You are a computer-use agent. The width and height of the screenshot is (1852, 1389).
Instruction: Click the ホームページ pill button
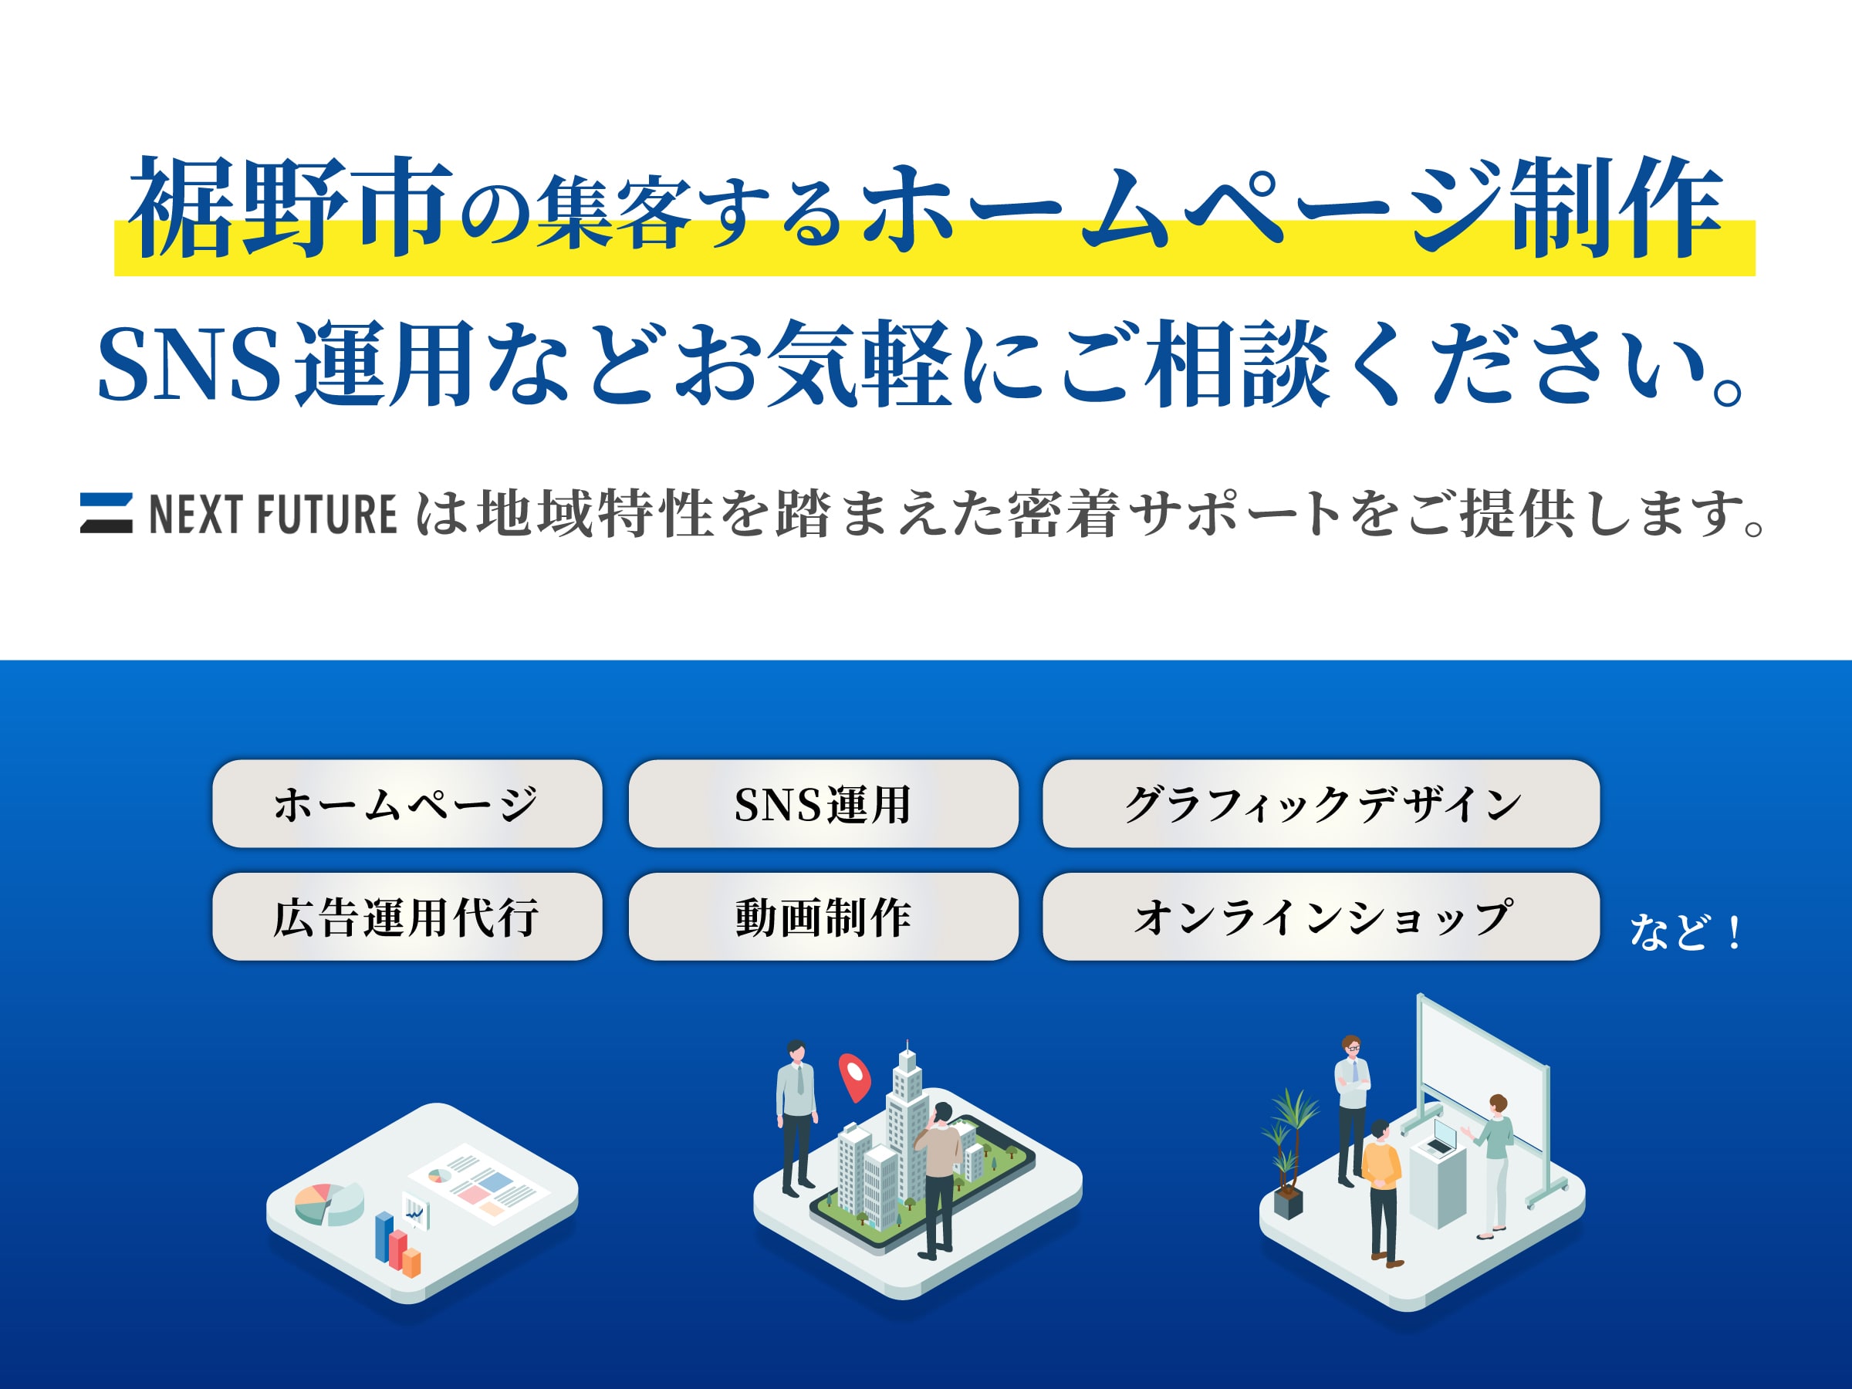tap(407, 804)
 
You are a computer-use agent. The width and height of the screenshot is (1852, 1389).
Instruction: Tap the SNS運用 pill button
tap(823, 804)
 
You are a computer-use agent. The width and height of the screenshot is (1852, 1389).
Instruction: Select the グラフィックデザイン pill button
tap(1320, 804)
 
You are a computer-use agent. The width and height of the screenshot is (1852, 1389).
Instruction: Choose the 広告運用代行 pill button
tap(407, 917)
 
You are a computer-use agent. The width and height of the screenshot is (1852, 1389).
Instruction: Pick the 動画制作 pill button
tap(823, 917)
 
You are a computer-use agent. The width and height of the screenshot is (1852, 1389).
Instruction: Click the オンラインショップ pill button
tap(1320, 917)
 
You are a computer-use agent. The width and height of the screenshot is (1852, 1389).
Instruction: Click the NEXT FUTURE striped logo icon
tap(106, 513)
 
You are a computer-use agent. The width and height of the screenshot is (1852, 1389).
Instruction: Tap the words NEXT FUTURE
tap(272, 514)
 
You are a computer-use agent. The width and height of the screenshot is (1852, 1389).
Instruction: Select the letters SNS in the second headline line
tap(188, 365)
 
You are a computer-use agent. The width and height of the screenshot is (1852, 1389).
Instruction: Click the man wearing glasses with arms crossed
tap(1351, 1105)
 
